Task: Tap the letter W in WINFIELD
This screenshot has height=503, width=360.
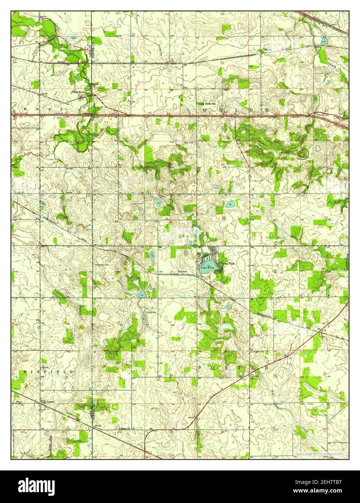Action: [x=25, y=372]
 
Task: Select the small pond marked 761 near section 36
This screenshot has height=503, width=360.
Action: [x=230, y=205]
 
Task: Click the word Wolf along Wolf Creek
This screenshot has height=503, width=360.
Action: [x=272, y=392]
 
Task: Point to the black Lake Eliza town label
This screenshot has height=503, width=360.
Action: [x=228, y=263]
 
